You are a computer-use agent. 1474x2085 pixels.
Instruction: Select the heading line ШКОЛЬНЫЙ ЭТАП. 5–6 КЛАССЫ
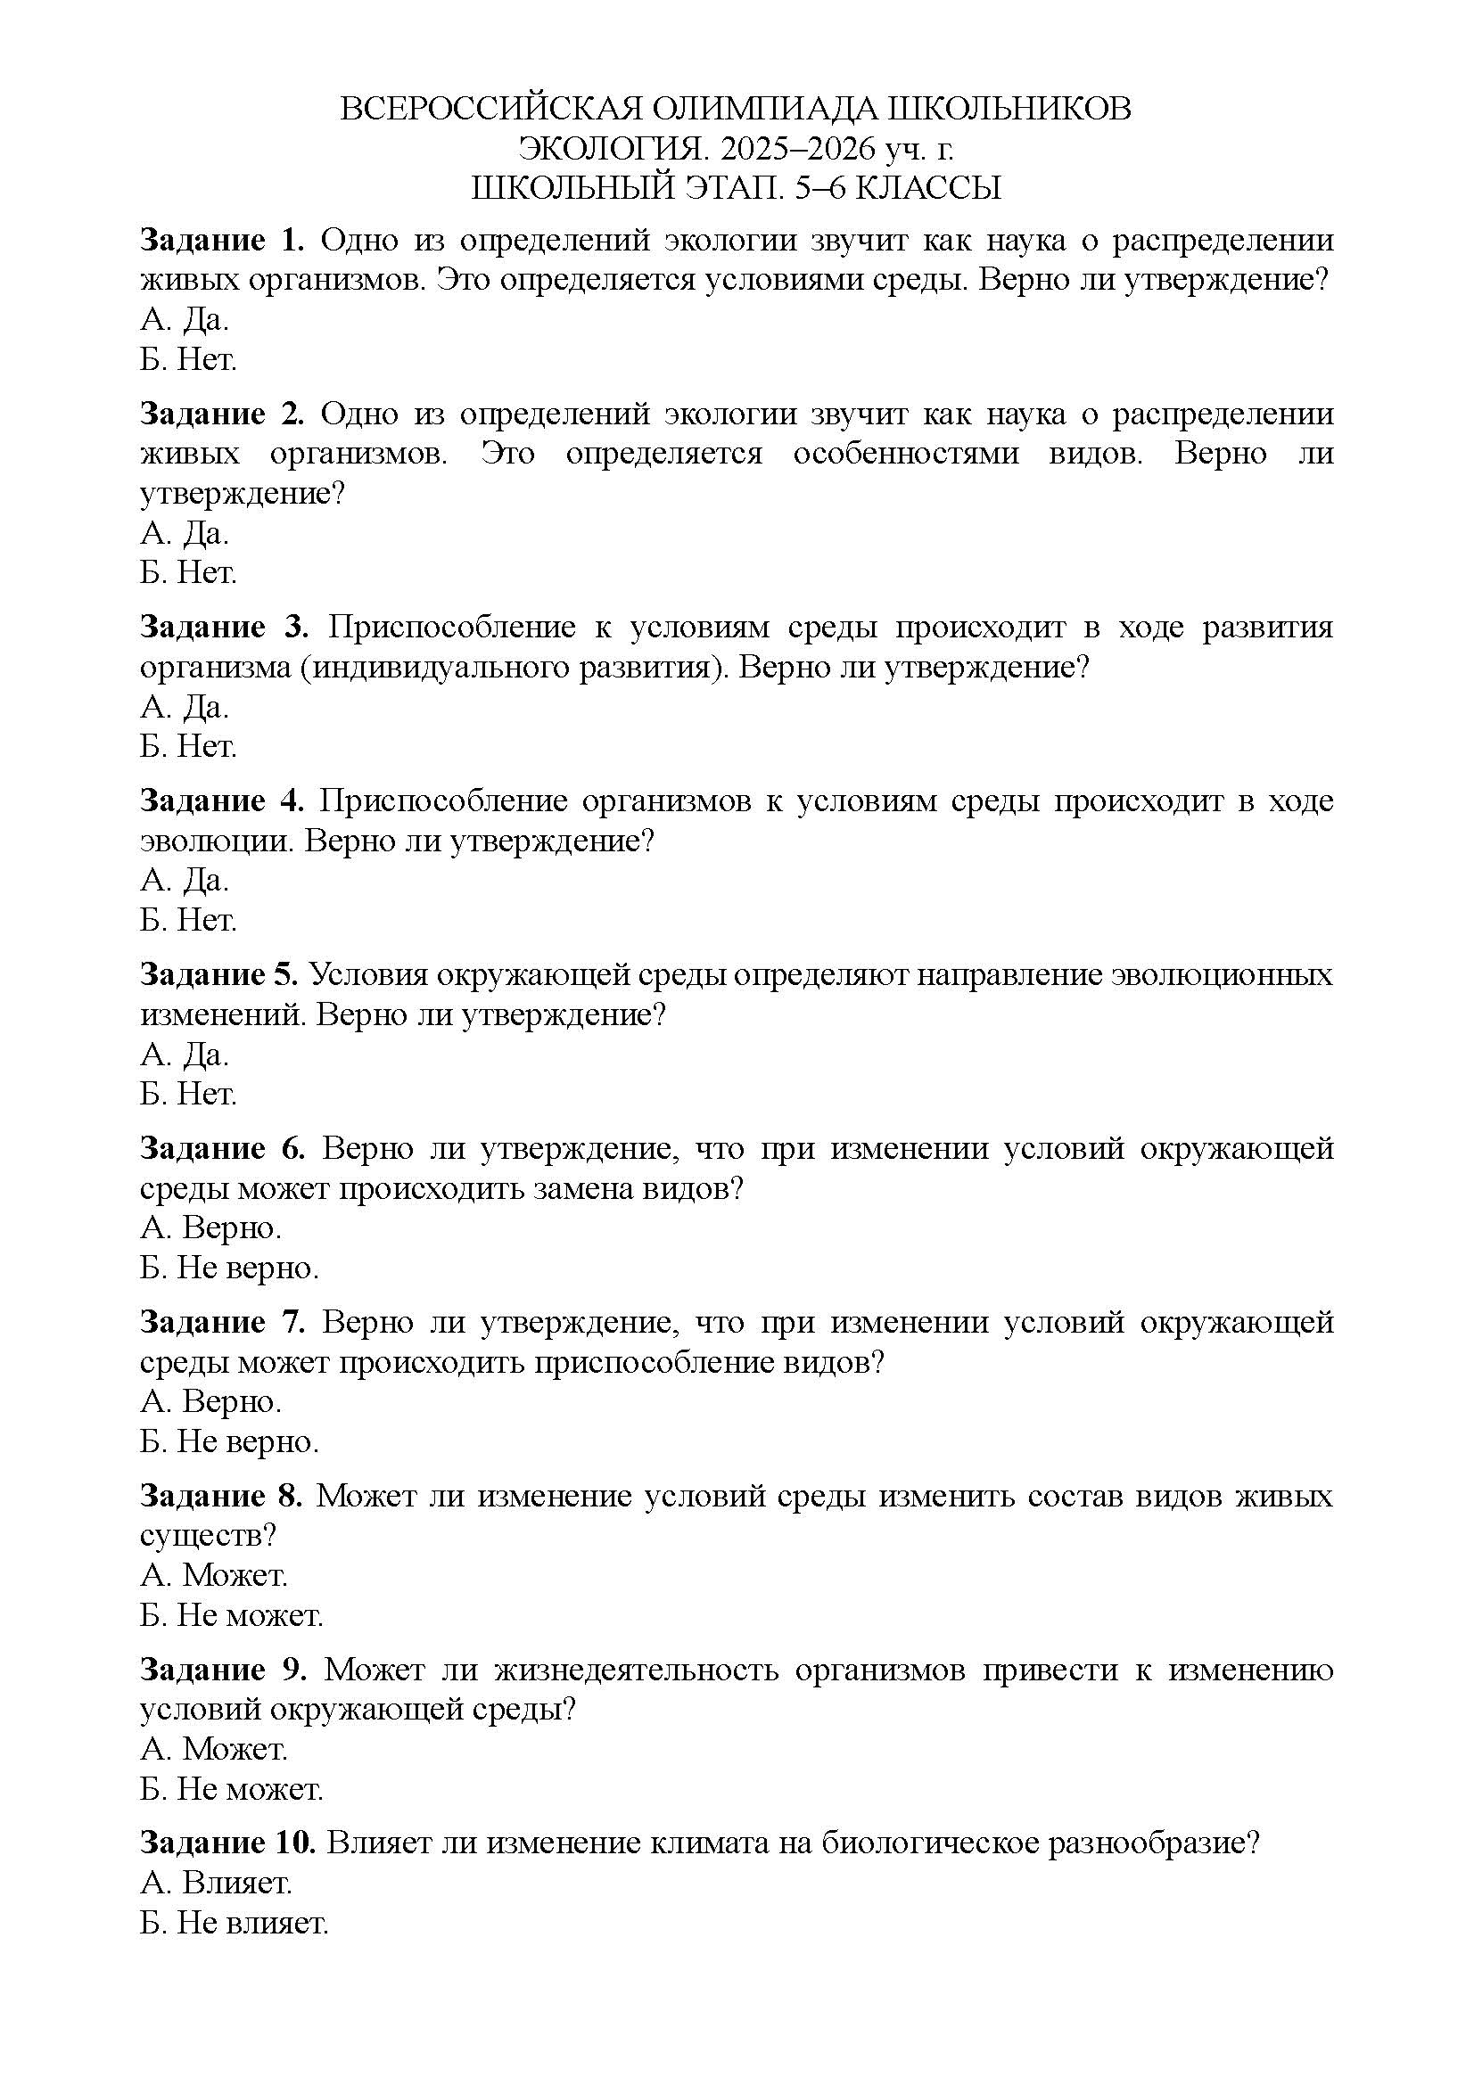(736, 188)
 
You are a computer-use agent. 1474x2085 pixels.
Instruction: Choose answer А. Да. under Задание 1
(185, 320)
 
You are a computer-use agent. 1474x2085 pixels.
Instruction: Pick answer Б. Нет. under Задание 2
(188, 573)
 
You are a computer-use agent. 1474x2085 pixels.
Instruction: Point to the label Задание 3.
(225, 628)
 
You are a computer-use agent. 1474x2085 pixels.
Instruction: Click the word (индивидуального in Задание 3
(427, 669)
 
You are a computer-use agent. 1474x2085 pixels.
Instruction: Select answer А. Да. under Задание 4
(185, 880)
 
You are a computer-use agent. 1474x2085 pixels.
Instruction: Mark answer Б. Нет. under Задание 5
(188, 1095)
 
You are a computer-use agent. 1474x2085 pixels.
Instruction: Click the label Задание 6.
(223, 1149)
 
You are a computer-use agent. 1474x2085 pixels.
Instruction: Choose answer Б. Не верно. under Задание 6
(229, 1268)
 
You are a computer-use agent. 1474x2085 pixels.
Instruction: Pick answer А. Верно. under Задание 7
(210, 1402)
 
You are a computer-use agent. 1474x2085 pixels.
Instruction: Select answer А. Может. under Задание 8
(213, 1575)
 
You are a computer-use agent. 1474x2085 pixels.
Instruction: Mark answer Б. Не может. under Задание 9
(232, 1790)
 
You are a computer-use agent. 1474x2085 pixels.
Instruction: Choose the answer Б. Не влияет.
(234, 1924)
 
